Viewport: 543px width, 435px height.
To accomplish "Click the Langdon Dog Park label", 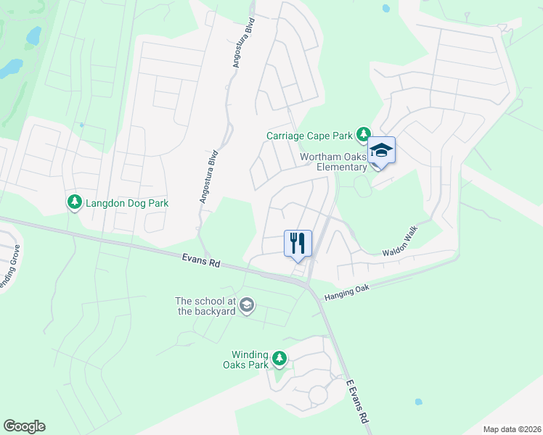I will (127, 203).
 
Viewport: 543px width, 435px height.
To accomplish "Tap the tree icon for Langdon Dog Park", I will (73, 202).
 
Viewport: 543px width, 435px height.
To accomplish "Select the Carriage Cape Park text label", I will (309, 136).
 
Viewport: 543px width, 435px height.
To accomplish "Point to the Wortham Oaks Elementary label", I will (335, 162).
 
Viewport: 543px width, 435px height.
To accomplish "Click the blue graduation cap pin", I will (381, 151).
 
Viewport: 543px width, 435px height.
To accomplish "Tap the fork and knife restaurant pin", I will (297, 243).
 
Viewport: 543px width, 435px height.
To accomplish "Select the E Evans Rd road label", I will (357, 402).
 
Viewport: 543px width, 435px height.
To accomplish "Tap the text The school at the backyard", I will (206, 306).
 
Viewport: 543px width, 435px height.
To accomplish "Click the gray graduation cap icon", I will (247, 305).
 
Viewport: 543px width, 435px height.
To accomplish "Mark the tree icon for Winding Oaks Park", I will (279, 358).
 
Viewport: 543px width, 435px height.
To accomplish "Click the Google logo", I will (24, 426).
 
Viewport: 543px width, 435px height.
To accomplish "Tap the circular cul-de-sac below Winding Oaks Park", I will (318, 395).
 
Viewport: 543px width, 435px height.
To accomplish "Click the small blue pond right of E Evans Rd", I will (418, 402).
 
